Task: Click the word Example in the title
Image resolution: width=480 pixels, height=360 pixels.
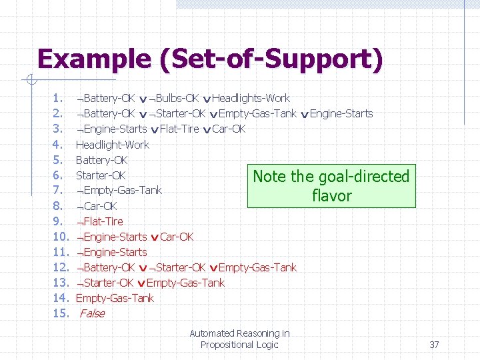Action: point(94,59)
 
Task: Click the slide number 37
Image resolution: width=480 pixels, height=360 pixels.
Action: point(434,345)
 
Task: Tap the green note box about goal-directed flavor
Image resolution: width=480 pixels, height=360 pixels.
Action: point(331,186)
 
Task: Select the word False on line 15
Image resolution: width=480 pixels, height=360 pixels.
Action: point(92,313)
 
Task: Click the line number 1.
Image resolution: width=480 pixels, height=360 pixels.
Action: point(58,99)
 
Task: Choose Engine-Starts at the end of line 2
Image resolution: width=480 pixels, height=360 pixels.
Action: point(341,114)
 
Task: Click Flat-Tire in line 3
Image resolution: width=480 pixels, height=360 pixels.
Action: point(179,129)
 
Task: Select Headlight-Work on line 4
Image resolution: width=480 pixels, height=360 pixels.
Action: point(113,145)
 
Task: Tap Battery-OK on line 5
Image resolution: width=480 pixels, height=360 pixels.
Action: point(101,160)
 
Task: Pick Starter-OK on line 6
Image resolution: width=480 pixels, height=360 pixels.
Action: point(101,175)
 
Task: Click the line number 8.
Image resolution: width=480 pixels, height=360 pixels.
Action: point(58,206)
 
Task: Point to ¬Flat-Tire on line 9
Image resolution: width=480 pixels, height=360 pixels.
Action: point(100,221)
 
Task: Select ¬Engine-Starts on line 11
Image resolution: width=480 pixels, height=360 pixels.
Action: point(112,252)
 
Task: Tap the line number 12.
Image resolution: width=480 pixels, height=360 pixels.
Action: point(61,267)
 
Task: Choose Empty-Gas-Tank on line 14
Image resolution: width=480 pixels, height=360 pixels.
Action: point(115,298)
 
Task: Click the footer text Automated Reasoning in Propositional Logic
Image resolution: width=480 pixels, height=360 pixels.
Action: point(239,339)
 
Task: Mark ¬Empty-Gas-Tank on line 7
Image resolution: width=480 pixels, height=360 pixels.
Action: point(119,191)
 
